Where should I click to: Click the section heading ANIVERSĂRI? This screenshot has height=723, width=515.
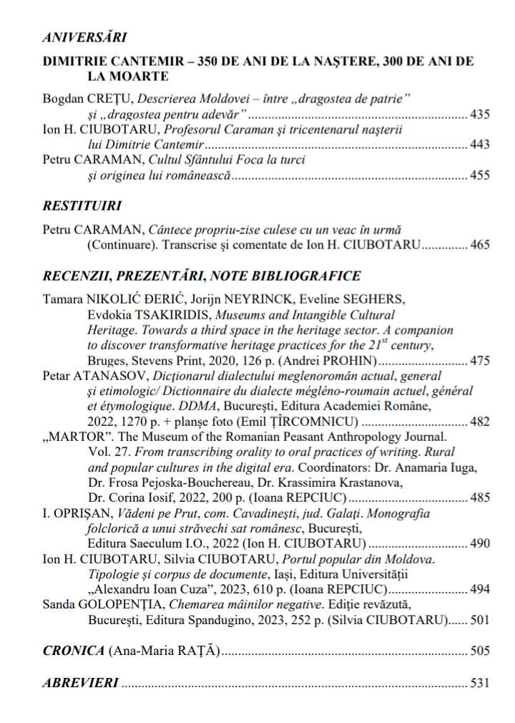[x=84, y=38]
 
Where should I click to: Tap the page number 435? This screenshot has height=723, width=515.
[x=479, y=114]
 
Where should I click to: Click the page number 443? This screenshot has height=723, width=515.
[x=479, y=145]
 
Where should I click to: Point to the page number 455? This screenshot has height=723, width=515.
[x=479, y=175]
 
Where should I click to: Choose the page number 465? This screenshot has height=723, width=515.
[x=479, y=245]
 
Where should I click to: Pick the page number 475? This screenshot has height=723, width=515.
[x=479, y=361]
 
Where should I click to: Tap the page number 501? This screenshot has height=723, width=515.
[x=479, y=619]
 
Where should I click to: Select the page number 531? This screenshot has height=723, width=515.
[x=479, y=683]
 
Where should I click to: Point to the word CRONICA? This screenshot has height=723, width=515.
[x=74, y=651]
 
